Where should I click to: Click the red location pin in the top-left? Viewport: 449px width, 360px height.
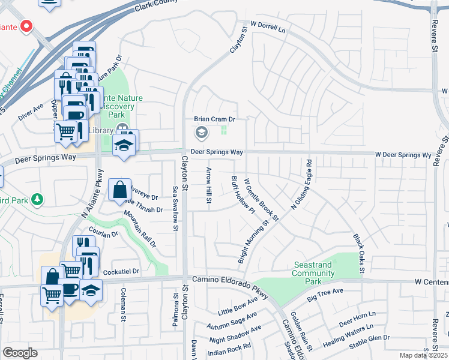26,26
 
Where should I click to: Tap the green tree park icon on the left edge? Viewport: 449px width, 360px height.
37,199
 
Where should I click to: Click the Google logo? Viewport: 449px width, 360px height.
20,353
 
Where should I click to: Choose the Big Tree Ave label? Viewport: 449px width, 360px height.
325,294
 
